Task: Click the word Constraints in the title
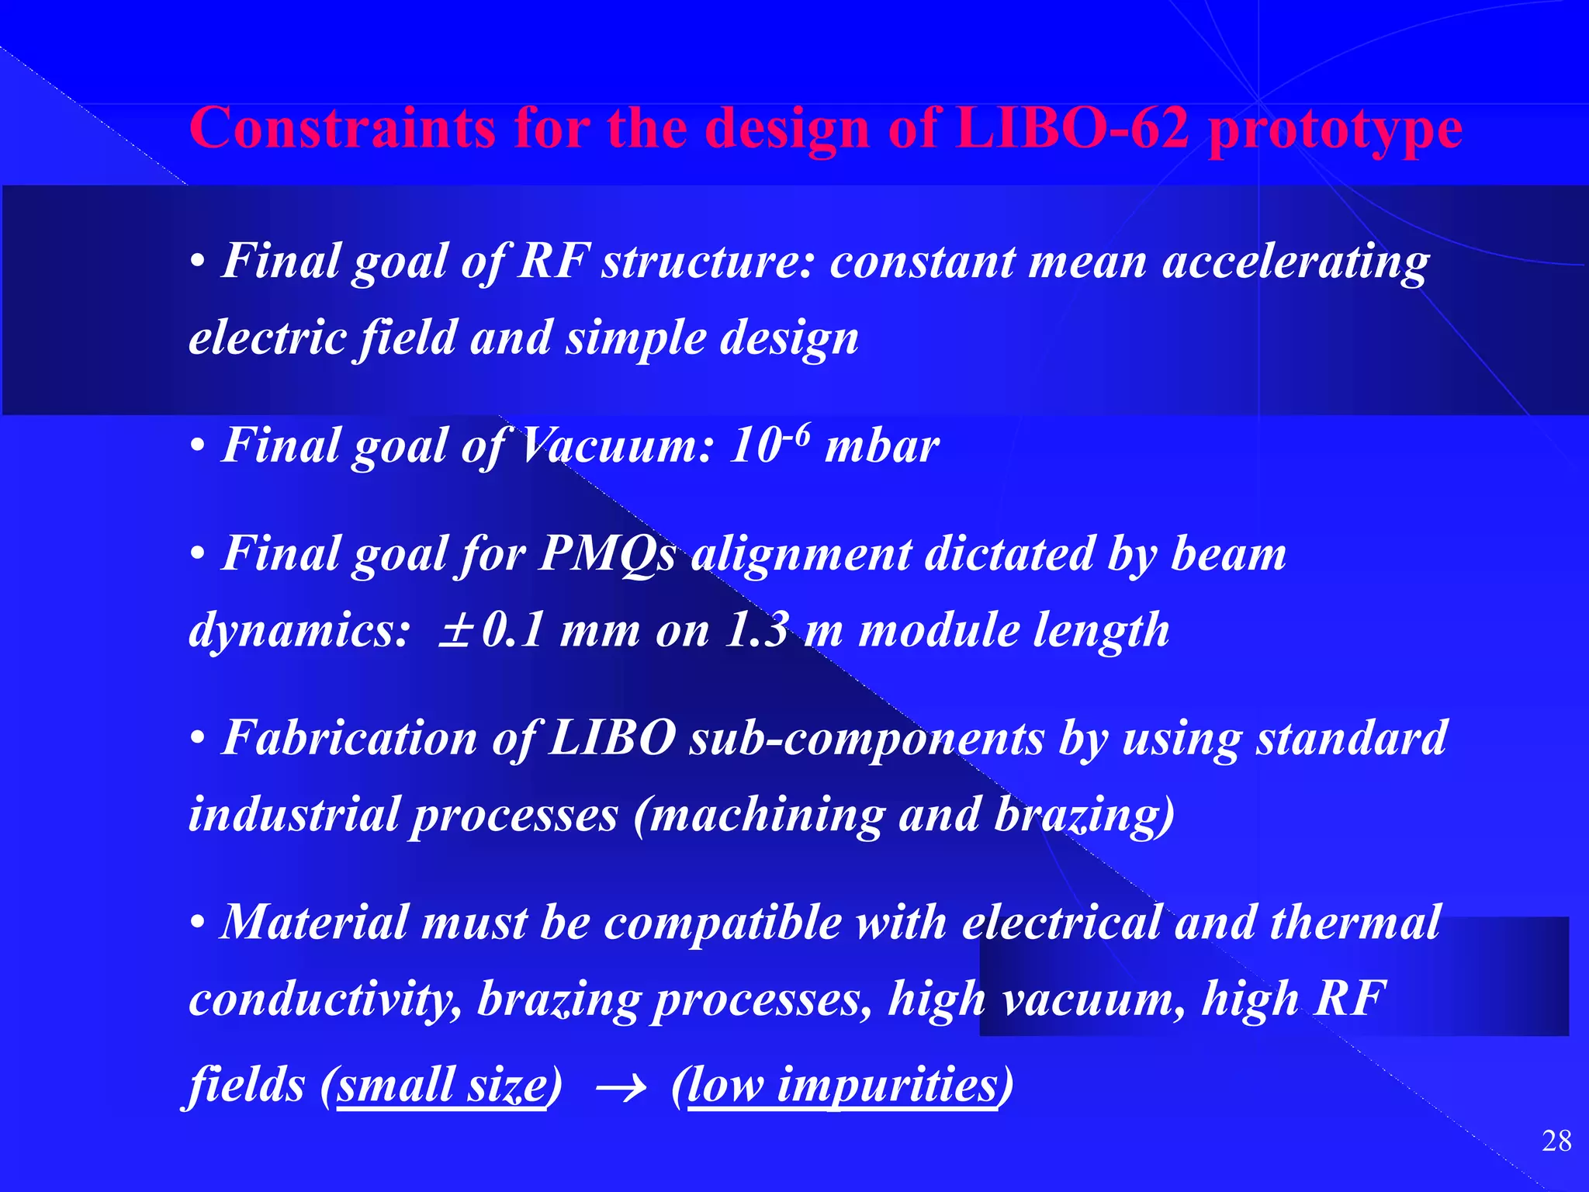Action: click(342, 128)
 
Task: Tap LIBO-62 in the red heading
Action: click(1071, 128)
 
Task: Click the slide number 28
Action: click(1556, 1142)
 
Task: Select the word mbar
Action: click(882, 448)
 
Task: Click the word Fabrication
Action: click(349, 737)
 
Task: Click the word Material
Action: click(314, 923)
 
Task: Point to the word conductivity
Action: click(320, 1000)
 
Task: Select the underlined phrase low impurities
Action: click(842, 1085)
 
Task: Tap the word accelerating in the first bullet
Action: click(1295, 262)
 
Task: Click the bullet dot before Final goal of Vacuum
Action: click(198, 448)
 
